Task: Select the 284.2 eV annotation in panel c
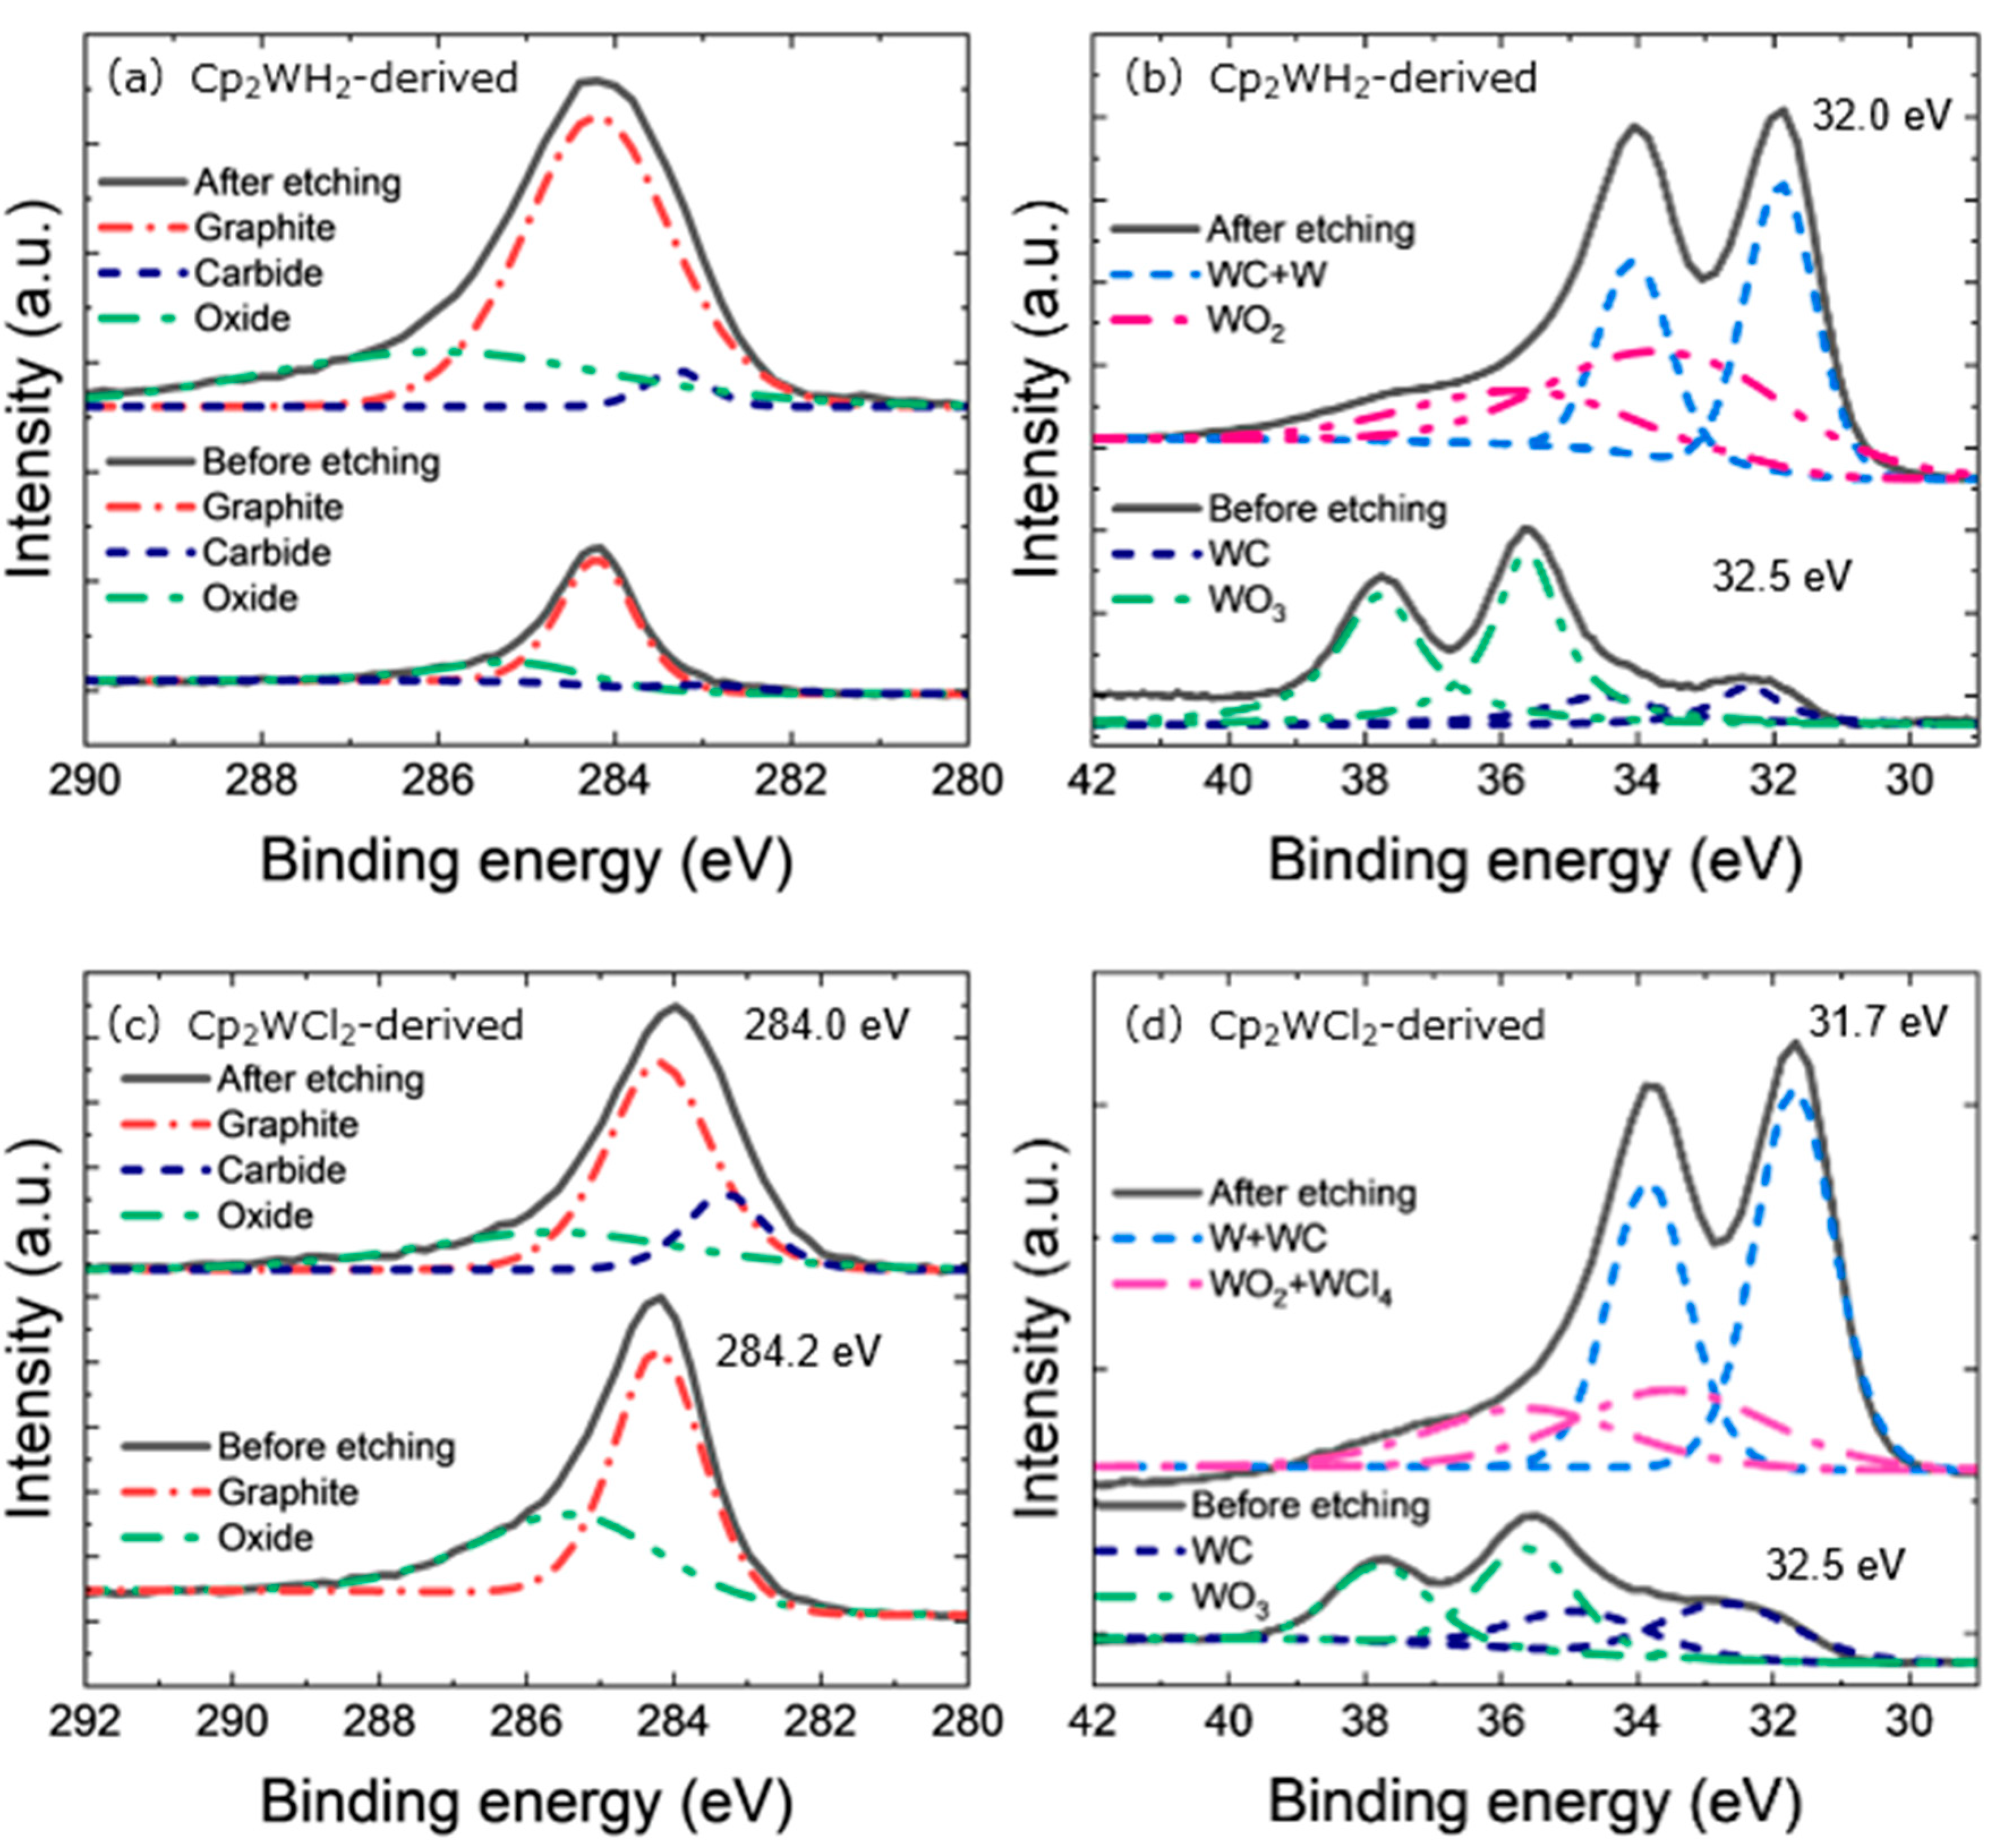coord(798,1352)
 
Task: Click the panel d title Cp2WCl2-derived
coord(1377,1025)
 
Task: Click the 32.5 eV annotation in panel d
coord(1835,1565)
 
